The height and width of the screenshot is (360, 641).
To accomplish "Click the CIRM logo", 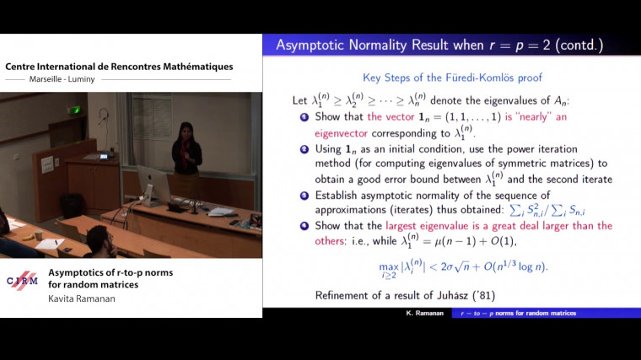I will [22, 282].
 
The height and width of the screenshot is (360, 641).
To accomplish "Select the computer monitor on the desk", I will [154, 184].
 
